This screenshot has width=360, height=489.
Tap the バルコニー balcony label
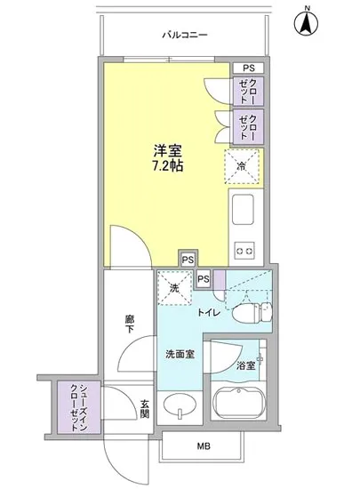coord(184,35)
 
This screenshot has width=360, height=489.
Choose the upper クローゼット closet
coord(246,91)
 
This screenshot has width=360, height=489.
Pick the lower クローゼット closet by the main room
coord(246,127)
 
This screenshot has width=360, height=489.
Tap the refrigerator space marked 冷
coord(243,165)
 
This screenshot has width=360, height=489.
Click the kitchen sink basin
coord(243,212)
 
